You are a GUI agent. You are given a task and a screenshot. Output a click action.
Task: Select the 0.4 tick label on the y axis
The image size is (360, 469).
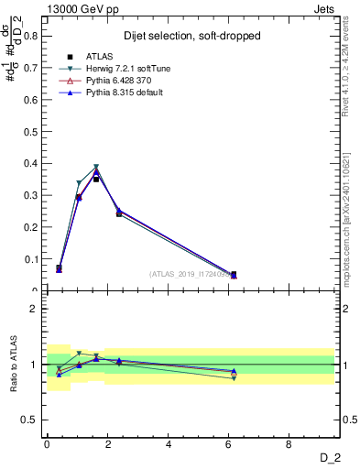click(30, 164)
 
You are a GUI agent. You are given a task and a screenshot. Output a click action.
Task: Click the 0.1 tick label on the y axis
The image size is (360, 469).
click(30, 260)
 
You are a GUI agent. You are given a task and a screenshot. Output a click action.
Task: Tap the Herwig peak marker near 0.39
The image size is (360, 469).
click(96, 167)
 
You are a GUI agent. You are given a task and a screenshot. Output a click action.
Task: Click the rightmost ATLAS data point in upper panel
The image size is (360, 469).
click(234, 274)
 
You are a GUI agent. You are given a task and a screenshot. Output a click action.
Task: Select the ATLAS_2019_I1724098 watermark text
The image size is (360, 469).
click(191, 274)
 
